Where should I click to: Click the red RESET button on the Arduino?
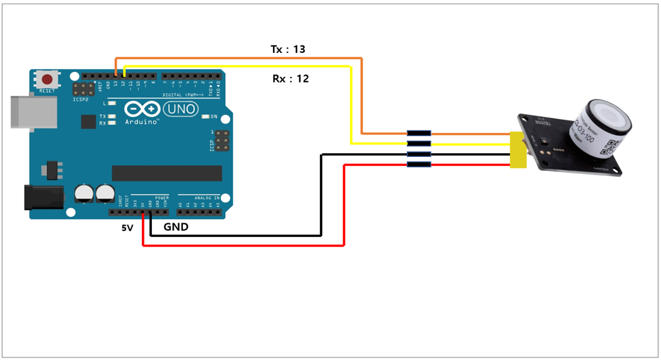tap(47, 79)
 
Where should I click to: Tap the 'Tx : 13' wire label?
tap(288, 49)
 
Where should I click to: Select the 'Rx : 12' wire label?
tap(290, 79)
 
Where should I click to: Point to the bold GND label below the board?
tap(176, 227)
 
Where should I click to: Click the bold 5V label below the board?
tap(127, 228)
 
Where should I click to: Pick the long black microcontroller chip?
tap(167, 173)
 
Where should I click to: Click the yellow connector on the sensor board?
tap(518, 150)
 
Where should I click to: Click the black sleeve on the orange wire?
tap(419, 134)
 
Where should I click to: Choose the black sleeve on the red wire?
tap(419, 165)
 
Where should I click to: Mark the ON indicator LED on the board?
tap(206, 117)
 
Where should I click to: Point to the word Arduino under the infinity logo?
tap(141, 121)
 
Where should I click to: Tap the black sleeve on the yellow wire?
tap(419, 144)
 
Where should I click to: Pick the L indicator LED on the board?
tap(112, 103)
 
